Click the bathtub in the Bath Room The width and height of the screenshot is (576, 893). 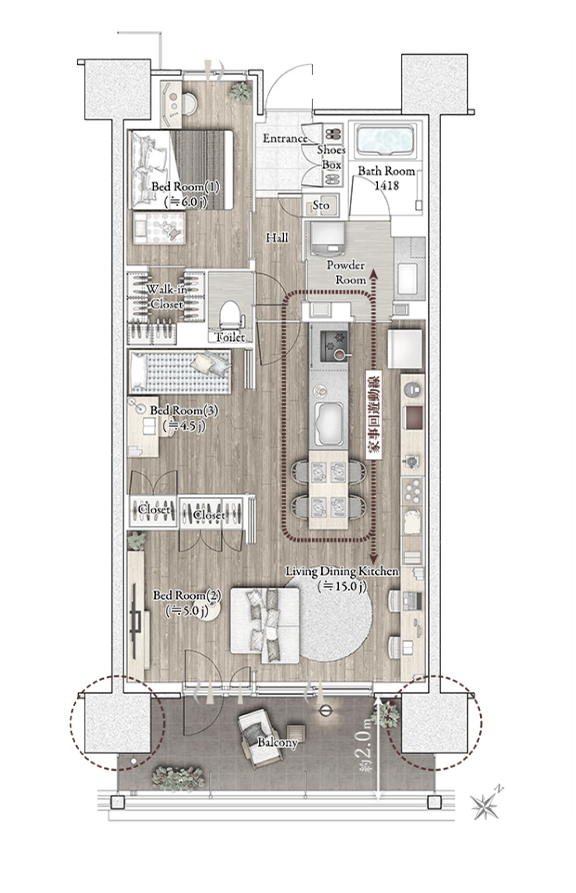tap(386, 141)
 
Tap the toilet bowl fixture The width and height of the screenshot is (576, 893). tap(231, 315)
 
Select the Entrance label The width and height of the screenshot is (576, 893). tap(285, 139)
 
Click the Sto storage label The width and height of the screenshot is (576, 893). tap(321, 205)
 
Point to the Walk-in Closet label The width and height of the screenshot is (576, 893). tap(167, 296)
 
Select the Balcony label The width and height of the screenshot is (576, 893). tap(277, 742)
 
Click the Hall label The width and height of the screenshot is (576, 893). tap(277, 238)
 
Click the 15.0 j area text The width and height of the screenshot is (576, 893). tap(342, 586)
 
